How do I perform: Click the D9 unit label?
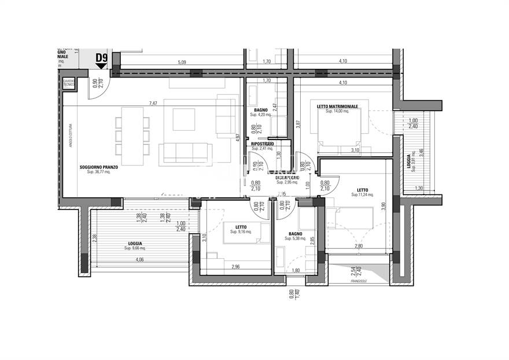point(102,57)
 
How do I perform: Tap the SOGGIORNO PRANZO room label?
point(99,167)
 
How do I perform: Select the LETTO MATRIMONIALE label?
point(337,106)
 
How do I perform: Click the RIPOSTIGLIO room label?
point(263,143)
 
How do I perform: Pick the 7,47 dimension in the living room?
point(153,104)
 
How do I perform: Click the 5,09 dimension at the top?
point(182,62)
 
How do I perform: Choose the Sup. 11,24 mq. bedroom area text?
point(363,195)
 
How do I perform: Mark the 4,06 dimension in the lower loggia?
point(140,260)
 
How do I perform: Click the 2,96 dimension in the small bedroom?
point(236,266)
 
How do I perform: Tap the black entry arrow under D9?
point(102,67)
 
